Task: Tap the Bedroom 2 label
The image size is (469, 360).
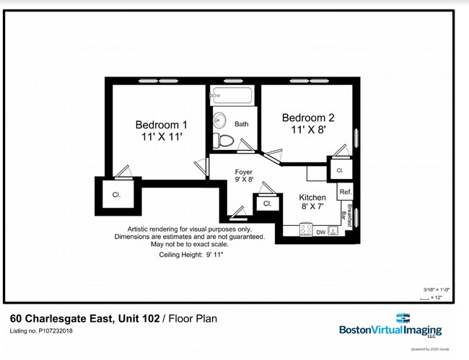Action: pos(308,124)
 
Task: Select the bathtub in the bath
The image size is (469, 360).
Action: pos(231,95)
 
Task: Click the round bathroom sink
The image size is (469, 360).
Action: pos(220,120)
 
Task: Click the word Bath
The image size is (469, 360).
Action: pos(241,124)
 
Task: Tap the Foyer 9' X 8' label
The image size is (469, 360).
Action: pos(244,176)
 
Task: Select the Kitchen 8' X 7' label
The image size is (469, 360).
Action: pos(312,201)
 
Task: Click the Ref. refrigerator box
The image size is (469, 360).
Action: pos(345,192)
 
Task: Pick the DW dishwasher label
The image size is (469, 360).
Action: pos(321,232)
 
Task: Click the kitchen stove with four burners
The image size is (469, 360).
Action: pos(334,231)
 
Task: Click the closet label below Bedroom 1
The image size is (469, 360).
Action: pos(116,195)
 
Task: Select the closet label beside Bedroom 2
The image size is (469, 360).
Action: pos(339,170)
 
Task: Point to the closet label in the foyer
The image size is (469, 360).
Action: pos(267,203)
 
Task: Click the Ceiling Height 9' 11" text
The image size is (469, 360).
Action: pos(191,255)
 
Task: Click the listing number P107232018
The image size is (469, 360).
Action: pos(41,331)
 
